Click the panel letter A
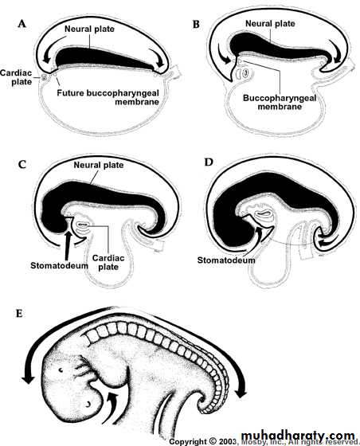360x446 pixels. (x=22, y=24)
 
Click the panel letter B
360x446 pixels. (x=196, y=25)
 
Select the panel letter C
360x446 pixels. (x=22, y=165)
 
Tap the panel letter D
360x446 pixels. (x=209, y=162)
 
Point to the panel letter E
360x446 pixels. (x=19, y=314)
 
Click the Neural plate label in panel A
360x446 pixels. (x=89, y=29)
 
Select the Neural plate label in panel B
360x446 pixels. (x=270, y=24)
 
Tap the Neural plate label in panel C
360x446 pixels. (x=99, y=165)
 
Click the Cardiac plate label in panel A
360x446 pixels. (x=16, y=77)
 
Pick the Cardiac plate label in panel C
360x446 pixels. (x=108, y=262)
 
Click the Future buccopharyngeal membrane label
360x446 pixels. (x=108, y=97)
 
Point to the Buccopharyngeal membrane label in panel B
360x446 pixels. (x=280, y=103)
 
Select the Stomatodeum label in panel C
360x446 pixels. (x=59, y=266)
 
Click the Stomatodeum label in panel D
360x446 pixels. (x=226, y=260)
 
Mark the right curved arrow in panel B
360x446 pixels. (x=335, y=50)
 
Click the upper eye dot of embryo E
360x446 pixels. (x=61, y=370)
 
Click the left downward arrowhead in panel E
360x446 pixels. (x=28, y=380)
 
